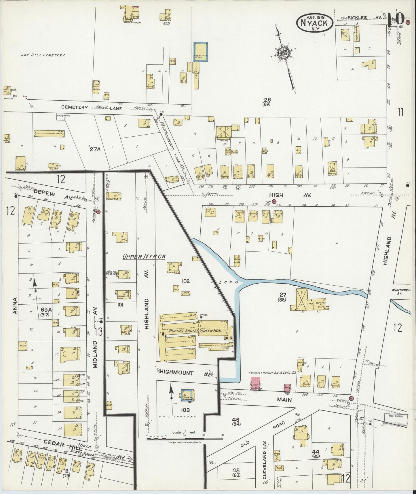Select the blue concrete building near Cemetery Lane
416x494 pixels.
(200, 52)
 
